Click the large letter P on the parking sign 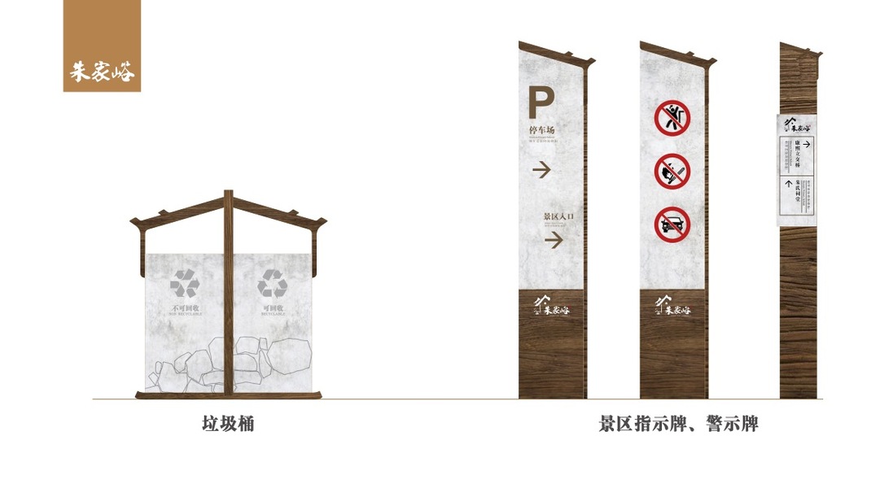tap(541, 102)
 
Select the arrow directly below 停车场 tap(542, 170)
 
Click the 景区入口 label tap(559, 217)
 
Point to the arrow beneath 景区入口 tap(554, 241)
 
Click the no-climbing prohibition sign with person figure tap(672, 118)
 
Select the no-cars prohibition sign tap(672, 224)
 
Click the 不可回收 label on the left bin tap(185, 309)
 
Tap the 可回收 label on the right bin tap(272, 309)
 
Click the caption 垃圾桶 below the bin tap(228, 424)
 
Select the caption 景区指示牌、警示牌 tap(678, 424)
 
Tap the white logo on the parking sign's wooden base tap(551, 307)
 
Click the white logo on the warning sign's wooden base tap(672, 307)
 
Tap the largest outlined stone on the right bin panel tap(289, 355)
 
